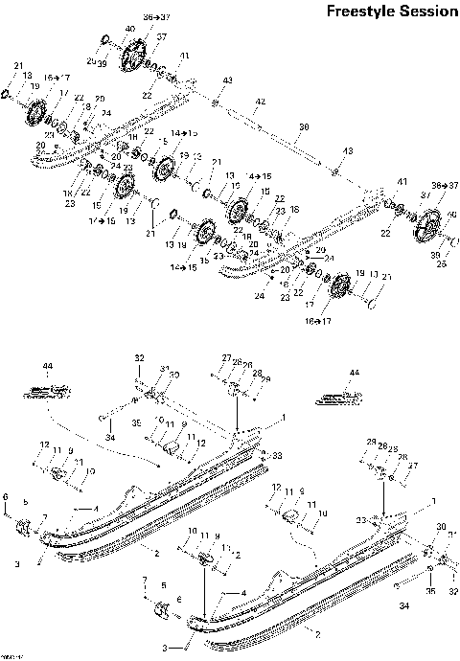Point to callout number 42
click(x=260, y=101)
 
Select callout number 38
click(x=305, y=126)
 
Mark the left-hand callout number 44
click(x=48, y=366)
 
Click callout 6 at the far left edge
click(x=6, y=496)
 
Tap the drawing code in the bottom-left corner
click(x=11, y=655)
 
